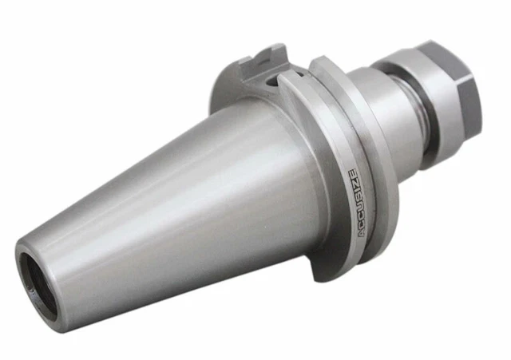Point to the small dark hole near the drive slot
(x=273, y=80)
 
